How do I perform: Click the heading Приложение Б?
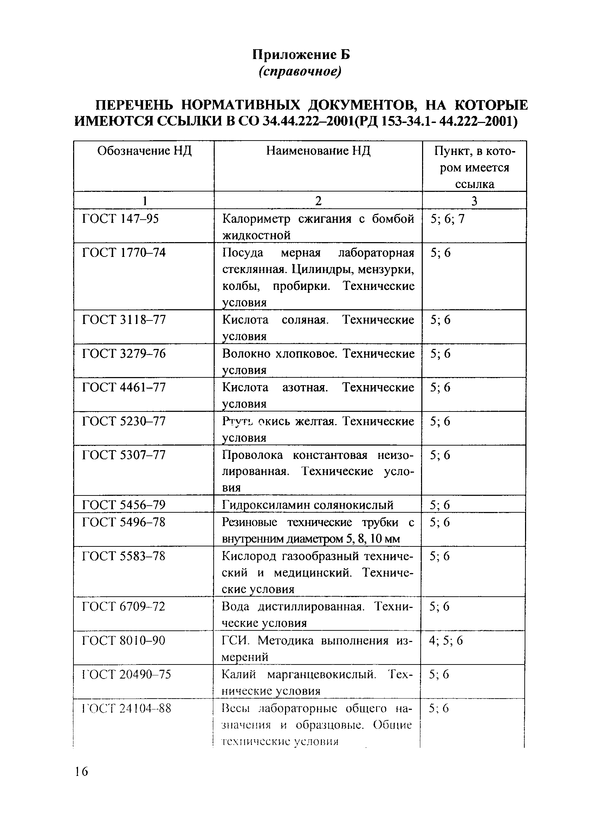coord(301,55)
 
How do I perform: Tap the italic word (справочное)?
coord(300,72)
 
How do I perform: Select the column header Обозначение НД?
coord(144,151)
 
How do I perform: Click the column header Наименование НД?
coord(318,151)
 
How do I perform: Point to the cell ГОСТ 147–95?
coord(121,219)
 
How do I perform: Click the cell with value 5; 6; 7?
coord(447,219)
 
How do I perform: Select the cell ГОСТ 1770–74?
coord(124,253)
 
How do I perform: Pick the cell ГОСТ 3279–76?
coord(124,354)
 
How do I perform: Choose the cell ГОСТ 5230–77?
coord(124,421)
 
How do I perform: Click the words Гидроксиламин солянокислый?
coord(308,505)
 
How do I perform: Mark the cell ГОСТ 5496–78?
coord(124,522)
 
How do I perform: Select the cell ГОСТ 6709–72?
coord(124,607)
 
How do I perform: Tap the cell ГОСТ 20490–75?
coord(126,674)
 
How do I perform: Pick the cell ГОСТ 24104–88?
coord(126,708)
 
